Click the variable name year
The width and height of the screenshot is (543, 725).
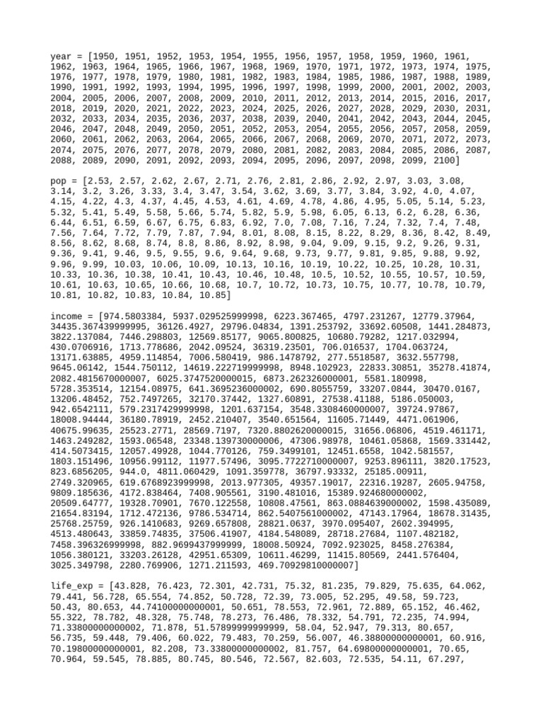(x=62, y=56)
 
